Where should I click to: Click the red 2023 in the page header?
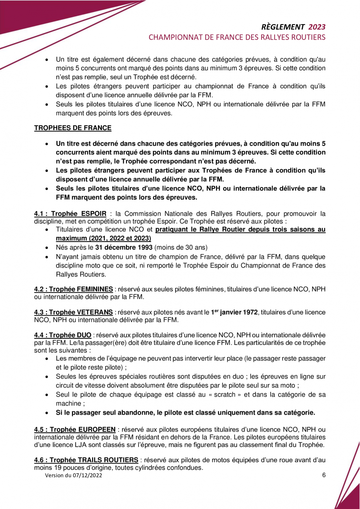(x=317, y=27)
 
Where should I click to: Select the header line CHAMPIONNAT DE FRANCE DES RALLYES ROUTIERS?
(x=237, y=38)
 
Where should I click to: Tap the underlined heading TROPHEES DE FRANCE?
(x=72, y=128)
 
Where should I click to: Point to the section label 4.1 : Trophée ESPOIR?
(x=70, y=213)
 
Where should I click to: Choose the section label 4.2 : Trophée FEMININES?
(x=74, y=289)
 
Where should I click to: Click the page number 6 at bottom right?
(x=324, y=475)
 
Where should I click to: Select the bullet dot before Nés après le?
(x=47, y=247)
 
